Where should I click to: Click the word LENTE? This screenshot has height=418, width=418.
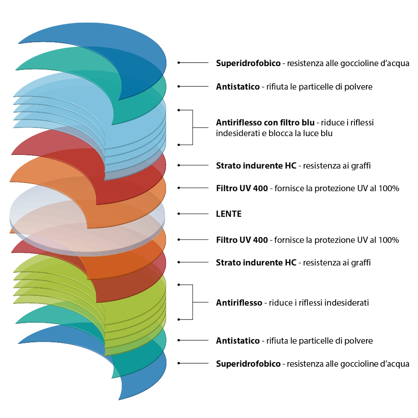pos(229,214)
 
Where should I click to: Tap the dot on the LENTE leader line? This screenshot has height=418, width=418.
pos(179,214)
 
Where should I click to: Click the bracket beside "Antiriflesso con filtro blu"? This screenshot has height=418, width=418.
pos(192,128)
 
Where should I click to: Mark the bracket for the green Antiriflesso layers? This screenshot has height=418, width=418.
pos(192,302)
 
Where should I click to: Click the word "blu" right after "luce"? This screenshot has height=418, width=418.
pos(326,133)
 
